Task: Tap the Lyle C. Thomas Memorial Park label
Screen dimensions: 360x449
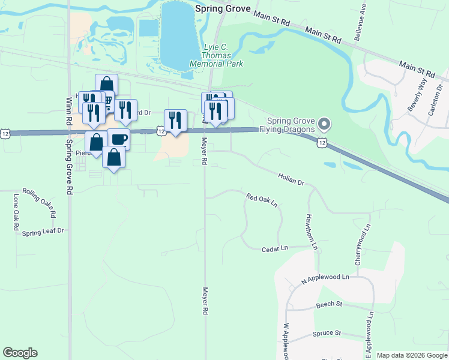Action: coord(215,55)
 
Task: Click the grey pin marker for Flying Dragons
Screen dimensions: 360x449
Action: coord(325,124)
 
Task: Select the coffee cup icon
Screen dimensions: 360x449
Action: coord(119,139)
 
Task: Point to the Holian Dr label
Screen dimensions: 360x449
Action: coord(292,178)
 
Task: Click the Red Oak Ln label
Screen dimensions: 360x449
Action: coord(262,199)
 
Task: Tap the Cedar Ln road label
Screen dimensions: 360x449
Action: coord(276,248)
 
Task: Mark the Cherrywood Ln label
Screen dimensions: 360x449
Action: coord(363,245)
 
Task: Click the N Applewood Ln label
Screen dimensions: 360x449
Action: coord(325,278)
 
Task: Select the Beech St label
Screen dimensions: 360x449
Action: coord(329,305)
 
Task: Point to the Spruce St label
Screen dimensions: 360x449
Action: coord(327,333)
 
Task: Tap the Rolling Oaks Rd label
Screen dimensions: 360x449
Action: coord(40,203)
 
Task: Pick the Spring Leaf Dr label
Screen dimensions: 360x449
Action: coord(43,232)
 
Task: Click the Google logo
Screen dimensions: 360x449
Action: coord(20,353)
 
